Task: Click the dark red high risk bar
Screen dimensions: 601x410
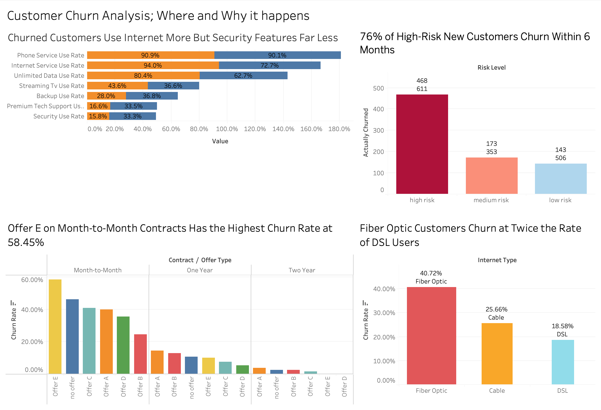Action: click(422, 144)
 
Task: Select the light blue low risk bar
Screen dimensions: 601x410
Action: click(560, 179)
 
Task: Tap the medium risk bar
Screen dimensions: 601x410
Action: click(491, 175)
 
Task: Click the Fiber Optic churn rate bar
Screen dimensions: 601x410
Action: click(431, 336)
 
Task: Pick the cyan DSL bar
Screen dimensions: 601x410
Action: click(562, 362)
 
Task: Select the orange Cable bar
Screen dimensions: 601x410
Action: click(497, 354)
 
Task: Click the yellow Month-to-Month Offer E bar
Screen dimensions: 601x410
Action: click(55, 326)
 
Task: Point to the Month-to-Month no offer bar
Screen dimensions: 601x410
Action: click(72, 336)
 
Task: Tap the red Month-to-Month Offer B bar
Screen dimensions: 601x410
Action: click(140, 354)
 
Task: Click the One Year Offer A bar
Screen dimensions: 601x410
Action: click(157, 362)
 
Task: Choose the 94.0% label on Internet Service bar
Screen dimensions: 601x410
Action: click(153, 66)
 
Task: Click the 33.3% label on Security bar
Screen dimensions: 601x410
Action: click(132, 116)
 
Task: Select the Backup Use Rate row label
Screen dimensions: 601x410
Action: click(60, 96)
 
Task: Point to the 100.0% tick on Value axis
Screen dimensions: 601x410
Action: click(227, 129)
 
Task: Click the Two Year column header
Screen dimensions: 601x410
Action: click(302, 270)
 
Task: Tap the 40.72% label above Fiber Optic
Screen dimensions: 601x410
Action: click(431, 273)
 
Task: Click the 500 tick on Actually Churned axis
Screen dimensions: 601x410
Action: click(378, 88)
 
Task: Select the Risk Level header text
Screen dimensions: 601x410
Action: click(491, 68)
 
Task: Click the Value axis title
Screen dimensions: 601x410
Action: click(220, 141)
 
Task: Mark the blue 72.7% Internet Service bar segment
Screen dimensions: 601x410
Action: click(270, 66)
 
